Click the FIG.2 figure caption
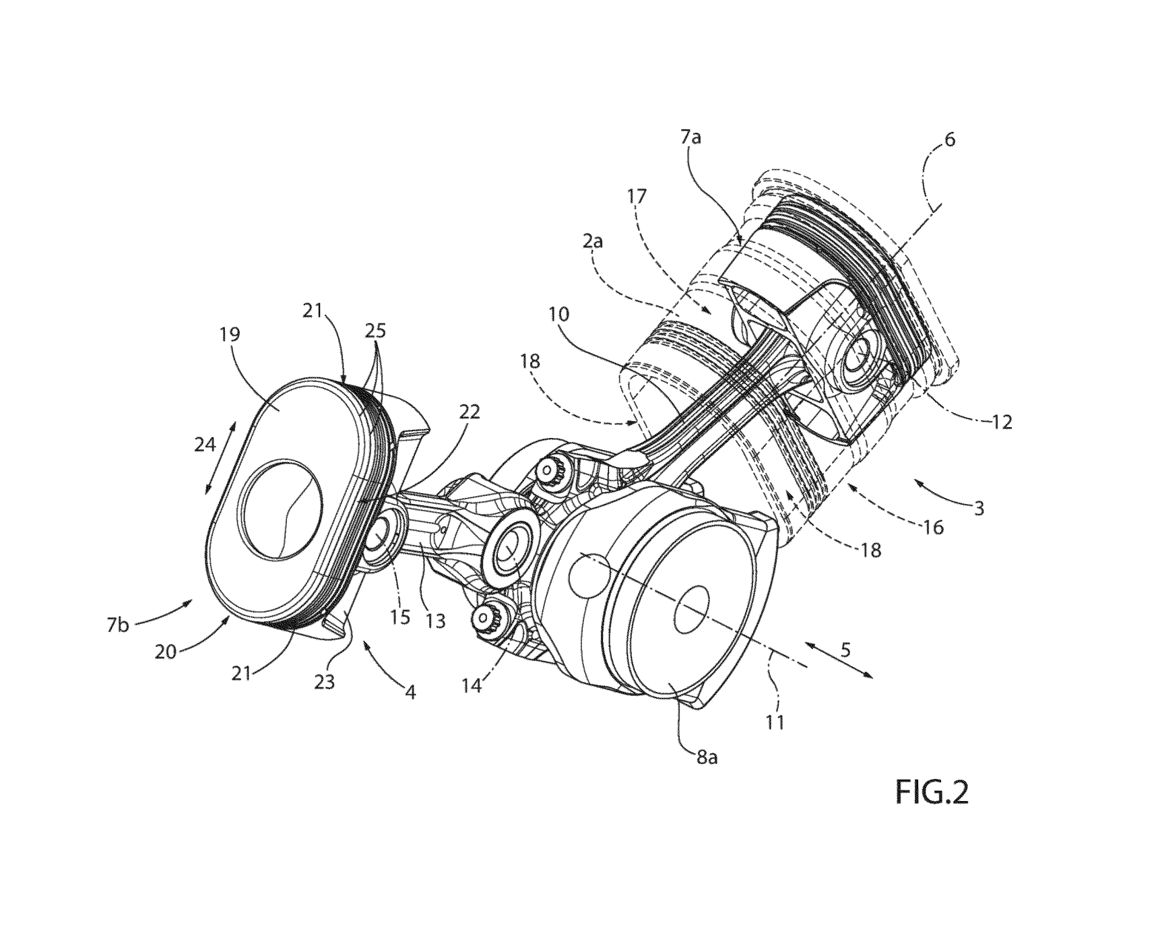(x=932, y=792)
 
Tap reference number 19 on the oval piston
(x=230, y=336)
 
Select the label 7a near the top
(x=690, y=139)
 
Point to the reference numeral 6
(x=950, y=140)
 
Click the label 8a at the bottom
(x=706, y=757)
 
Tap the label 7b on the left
(x=118, y=625)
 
